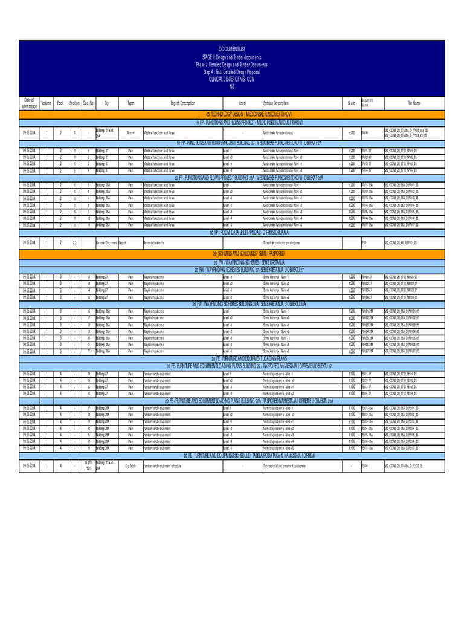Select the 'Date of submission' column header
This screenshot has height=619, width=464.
pyautogui.click(x=30, y=103)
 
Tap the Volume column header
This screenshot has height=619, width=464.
pyautogui.click(x=47, y=103)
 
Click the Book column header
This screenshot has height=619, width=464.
pyautogui.click(x=60, y=103)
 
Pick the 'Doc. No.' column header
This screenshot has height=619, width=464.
pyautogui.click(x=88, y=103)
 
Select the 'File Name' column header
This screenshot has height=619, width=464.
pyautogui.click(x=417, y=103)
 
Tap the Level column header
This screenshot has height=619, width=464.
pyautogui.click(x=242, y=103)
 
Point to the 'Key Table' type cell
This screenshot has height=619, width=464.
pyautogui.click(x=130, y=465)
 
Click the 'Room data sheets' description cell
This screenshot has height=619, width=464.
pyautogui.click(x=153, y=242)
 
